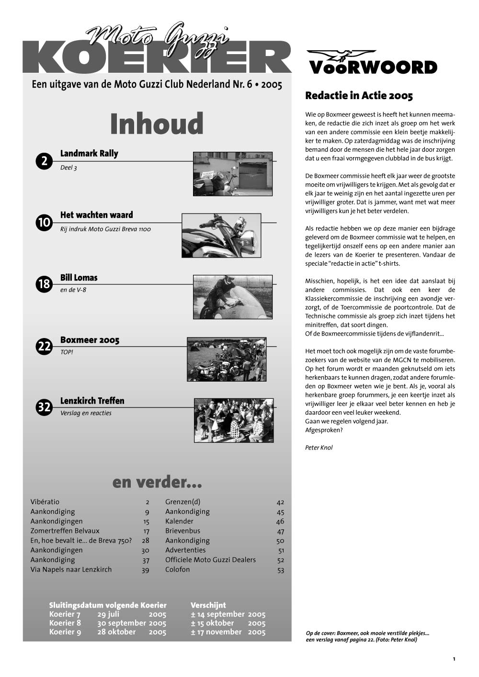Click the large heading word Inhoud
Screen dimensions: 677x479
tap(157, 124)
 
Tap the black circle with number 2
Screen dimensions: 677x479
tap(44, 161)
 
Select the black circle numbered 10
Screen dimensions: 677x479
tap(44, 223)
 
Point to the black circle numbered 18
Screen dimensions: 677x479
tap(44, 284)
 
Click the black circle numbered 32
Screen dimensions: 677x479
tap(44, 407)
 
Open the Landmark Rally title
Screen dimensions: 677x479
tap(89, 154)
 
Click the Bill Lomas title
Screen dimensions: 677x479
tap(79, 278)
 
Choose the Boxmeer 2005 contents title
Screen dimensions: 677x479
tap(90, 340)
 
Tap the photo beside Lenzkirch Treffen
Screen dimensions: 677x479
tap(234, 420)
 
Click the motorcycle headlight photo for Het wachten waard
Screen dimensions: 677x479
tap(221, 236)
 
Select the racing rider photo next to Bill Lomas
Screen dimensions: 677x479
tap(232, 297)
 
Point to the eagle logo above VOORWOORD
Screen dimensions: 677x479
tap(341, 55)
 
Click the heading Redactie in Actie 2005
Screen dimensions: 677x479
tap(359, 96)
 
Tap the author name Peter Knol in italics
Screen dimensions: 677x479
tap(319, 448)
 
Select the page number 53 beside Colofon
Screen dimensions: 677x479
tap(281, 570)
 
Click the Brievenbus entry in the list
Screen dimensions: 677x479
tap(182, 531)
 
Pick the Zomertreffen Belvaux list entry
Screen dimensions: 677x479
tap(65, 531)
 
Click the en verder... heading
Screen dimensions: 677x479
tap(157, 482)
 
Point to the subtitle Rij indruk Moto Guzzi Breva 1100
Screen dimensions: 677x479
tap(105, 229)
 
